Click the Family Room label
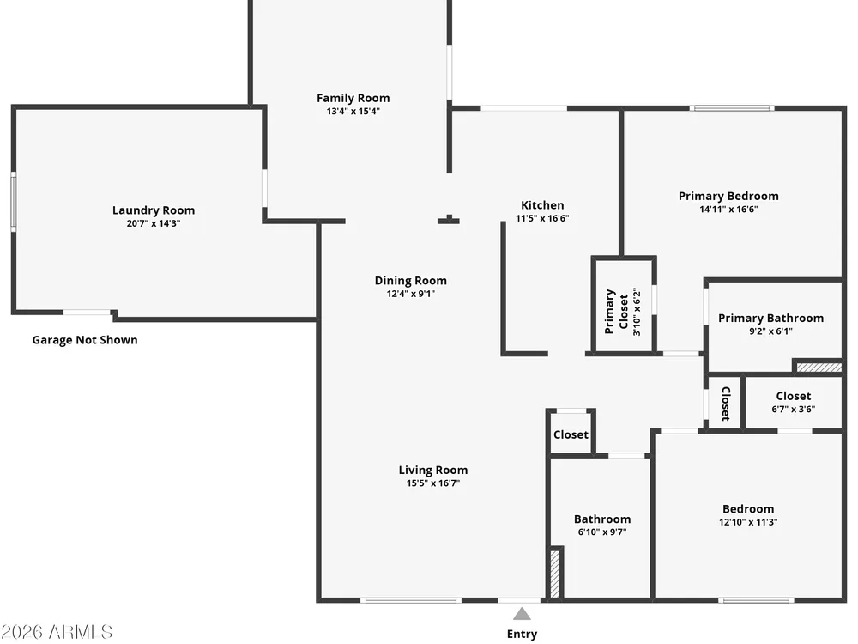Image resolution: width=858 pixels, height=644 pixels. (x=353, y=98)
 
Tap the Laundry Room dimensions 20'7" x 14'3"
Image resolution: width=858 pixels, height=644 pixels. (x=154, y=223)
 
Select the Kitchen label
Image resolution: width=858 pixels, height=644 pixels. (x=542, y=205)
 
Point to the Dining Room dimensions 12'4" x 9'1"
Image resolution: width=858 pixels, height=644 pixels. (x=410, y=294)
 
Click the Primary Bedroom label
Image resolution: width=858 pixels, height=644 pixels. (x=728, y=196)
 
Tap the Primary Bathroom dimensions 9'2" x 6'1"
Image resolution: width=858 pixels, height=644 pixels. (x=770, y=331)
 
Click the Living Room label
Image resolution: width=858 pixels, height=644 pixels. (x=432, y=470)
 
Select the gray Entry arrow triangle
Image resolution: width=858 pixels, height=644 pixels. (x=522, y=613)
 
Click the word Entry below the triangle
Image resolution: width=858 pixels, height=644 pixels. (x=522, y=635)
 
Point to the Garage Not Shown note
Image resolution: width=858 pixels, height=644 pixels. (x=85, y=340)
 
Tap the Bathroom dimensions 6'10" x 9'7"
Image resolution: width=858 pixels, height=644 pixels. (x=602, y=532)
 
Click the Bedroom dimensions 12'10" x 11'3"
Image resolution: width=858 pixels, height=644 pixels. (x=748, y=522)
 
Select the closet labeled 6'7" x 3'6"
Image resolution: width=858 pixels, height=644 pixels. (x=794, y=402)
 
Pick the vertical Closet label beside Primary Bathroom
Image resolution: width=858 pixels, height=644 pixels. (x=726, y=404)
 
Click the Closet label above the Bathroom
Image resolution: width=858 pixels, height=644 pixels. (x=571, y=434)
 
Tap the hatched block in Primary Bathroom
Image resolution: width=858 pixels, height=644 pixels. (x=819, y=368)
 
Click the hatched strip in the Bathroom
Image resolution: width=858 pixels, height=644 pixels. (x=554, y=574)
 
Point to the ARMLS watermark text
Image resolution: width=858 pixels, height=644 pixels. (x=57, y=632)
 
